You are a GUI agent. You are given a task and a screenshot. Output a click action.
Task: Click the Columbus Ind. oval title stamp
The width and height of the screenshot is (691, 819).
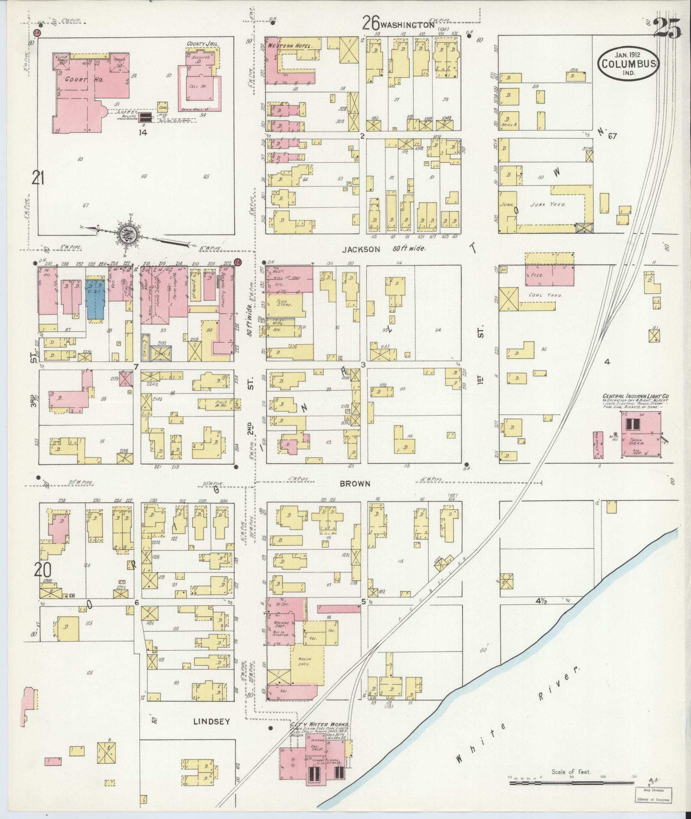[627, 63]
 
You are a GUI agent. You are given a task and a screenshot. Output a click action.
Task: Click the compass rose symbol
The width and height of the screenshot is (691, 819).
[130, 233]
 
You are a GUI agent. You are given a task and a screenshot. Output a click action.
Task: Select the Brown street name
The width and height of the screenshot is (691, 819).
[355, 484]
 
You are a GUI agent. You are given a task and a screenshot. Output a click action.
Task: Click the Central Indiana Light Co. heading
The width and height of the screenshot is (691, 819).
[633, 396]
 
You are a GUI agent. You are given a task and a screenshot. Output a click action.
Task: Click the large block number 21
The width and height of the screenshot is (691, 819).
[38, 177]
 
